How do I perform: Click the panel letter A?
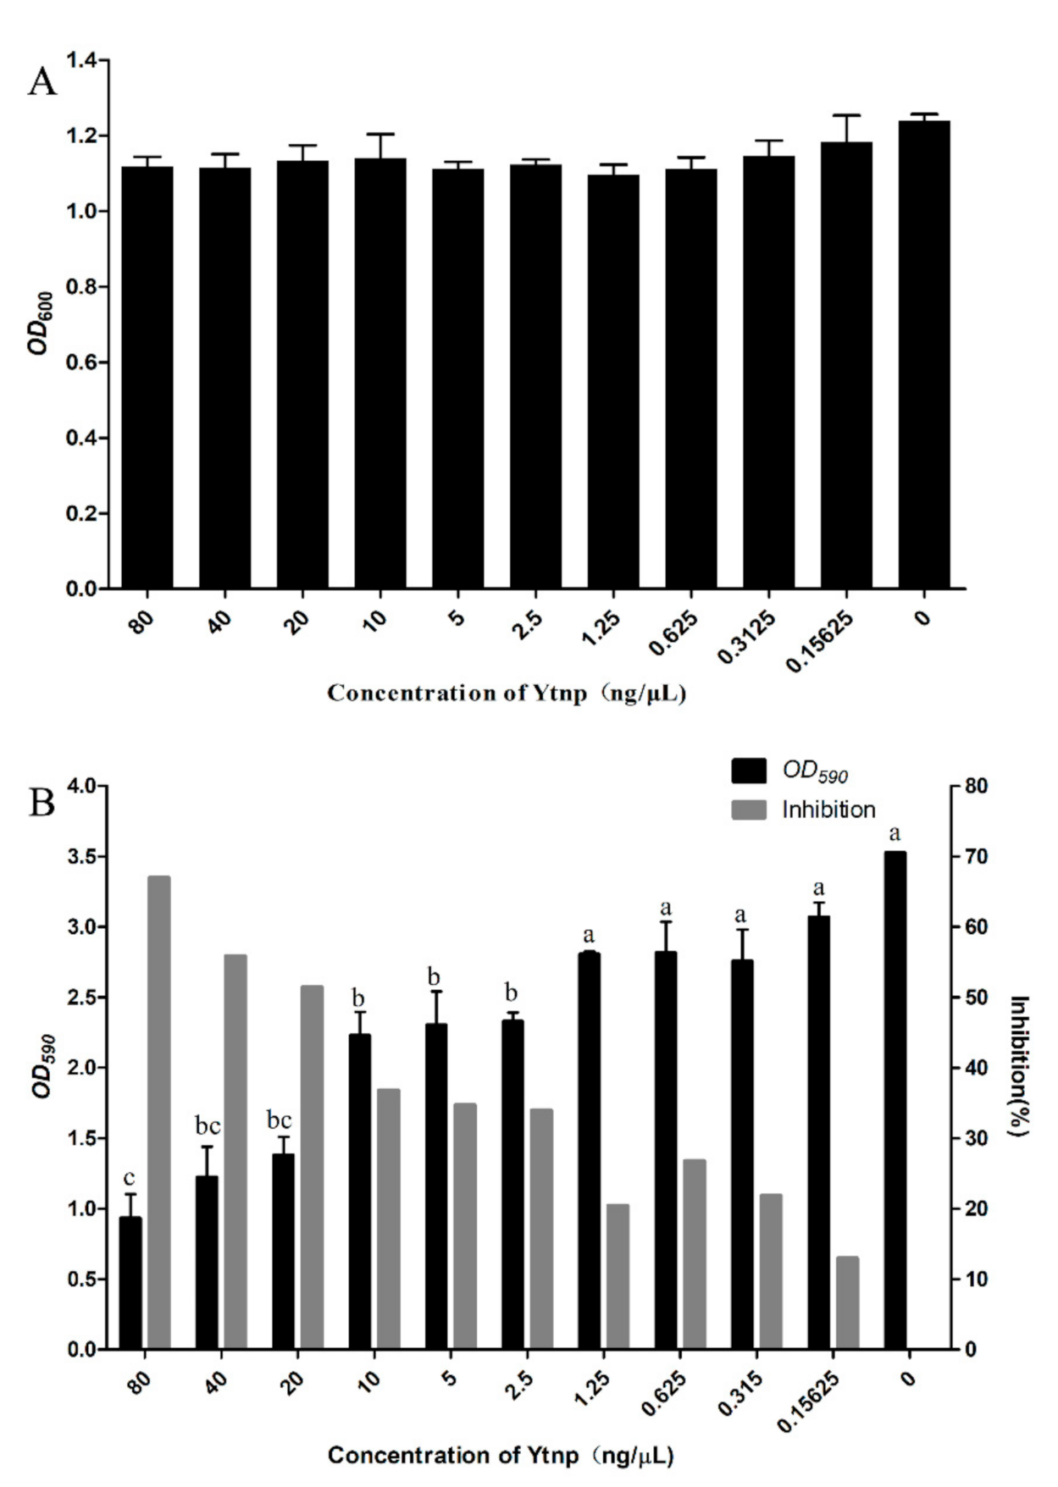click(42, 82)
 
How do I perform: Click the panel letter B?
click(42, 802)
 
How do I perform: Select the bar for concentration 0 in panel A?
click(924, 356)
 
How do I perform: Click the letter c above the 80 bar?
click(130, 1178)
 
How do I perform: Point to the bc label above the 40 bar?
click(208, 1126)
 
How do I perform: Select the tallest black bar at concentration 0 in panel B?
click(895, 1100)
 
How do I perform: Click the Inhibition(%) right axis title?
click(1020, 1066)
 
